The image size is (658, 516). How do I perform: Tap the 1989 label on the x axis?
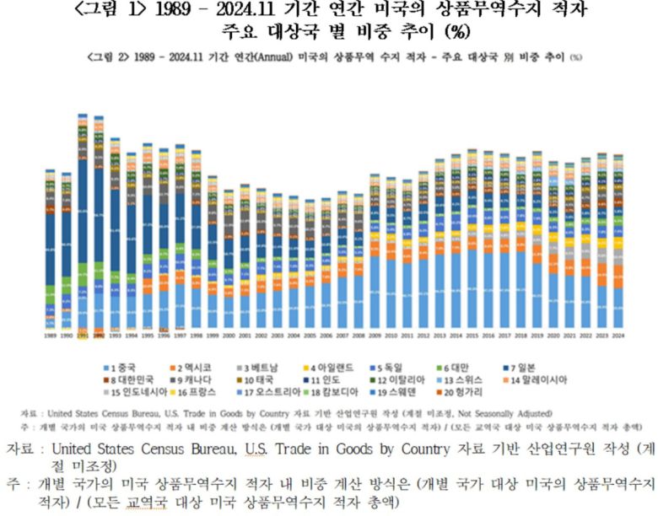pyautogui.click(x=51, y=335)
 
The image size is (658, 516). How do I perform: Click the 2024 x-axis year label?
pyautogui.click(x=618, y=335)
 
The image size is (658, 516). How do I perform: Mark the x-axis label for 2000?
pyautogui.click(x=229, y=335)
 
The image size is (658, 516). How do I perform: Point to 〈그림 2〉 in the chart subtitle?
pyautogui.click(x=114, y=56)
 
